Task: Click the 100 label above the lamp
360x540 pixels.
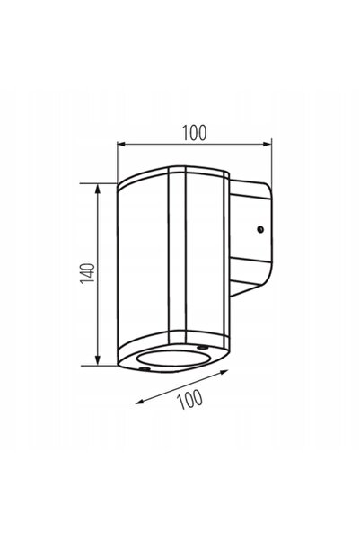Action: point(195,133)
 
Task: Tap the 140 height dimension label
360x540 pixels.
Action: point(87,274)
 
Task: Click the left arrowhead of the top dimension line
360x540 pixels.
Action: point(122,144)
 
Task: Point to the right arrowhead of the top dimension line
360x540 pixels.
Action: point(268,144)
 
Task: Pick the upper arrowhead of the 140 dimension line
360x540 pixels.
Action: point(98,189)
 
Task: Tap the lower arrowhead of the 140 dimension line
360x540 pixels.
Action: point(98,360)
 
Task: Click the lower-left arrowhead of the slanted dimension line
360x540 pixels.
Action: point(140,402)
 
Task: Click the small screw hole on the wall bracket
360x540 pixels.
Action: point(260,229)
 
